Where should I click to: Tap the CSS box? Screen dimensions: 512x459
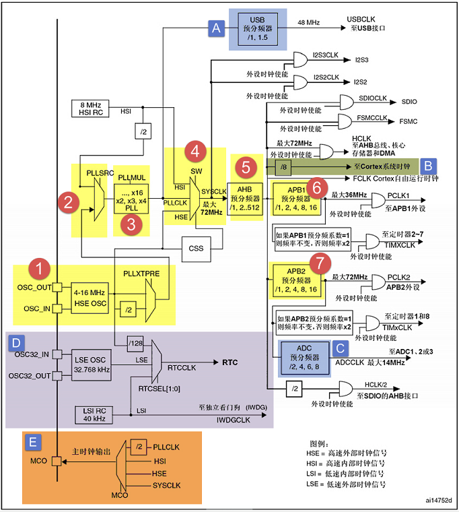click(196, 249)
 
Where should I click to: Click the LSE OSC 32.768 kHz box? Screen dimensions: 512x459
click(92, 364)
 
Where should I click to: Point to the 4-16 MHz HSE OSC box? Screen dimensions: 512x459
click(90, 298)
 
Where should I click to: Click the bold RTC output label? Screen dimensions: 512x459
click(230, 362)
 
